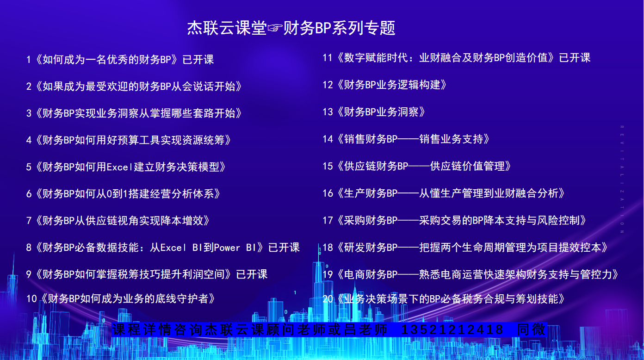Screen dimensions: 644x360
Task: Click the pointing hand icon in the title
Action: point(275,28)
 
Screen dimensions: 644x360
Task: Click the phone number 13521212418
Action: point(452,329)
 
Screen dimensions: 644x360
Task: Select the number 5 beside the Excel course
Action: point(29,167)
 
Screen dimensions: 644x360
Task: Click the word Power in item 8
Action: point(227,248)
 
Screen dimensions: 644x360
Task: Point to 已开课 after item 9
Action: point(252,274)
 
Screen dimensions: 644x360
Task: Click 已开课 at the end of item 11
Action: point(575,58)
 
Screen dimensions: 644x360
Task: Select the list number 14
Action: point(328,139)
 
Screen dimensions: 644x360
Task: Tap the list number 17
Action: point(328,221)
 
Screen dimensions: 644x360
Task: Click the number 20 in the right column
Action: point(328,299)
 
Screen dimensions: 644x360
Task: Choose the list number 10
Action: point(31,299)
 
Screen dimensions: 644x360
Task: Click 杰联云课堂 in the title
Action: point(227,28)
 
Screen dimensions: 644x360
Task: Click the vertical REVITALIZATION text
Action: point(622,179)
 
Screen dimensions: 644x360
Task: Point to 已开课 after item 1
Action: point(198,60)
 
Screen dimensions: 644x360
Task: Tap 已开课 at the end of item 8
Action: point(284,248)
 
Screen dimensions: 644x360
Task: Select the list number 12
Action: point(328,85)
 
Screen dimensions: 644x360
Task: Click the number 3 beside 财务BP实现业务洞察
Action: point(29,113)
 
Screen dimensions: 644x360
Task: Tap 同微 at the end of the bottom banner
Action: point(531,329)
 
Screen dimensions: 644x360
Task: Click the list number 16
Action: point(328,193)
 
